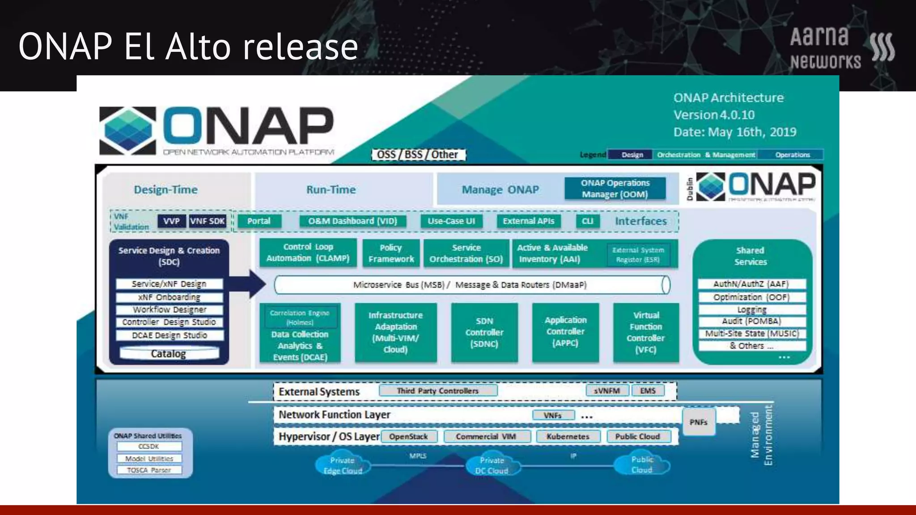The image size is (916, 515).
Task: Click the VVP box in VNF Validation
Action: [171, 221]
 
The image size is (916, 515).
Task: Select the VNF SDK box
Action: [207, 221]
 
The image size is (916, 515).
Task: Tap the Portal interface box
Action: [259, 221]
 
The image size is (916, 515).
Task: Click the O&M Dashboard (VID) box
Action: [352, 221]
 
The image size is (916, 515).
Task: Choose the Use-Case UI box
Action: [451, 221]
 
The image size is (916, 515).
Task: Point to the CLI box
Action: [587, 221]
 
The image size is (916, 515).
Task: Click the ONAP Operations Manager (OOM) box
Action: [615, 189]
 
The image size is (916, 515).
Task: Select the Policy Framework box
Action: [391, 253]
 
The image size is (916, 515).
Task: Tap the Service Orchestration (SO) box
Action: [466, 253]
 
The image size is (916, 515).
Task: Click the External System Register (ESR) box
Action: [638, 255]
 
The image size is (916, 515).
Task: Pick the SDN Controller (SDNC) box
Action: [484, 333]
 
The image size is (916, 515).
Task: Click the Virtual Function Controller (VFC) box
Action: [646, 333]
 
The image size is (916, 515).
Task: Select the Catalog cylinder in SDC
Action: [169, 354]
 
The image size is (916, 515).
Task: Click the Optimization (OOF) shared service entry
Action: [751, 297]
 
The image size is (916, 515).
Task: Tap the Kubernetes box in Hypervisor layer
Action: [568, 437]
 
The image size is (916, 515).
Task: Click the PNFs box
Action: [698, 422]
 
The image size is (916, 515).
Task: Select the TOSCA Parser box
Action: [149, 470]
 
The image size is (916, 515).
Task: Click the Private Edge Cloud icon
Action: [343, 465]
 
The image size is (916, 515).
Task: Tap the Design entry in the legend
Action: [632, 155]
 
